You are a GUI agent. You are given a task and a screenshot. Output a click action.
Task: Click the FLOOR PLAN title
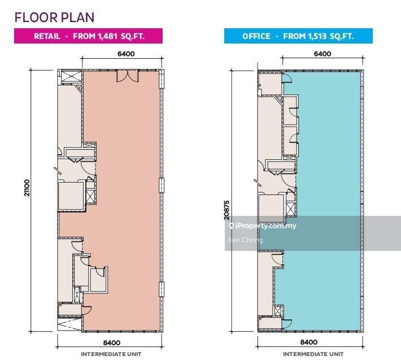coord(54,18)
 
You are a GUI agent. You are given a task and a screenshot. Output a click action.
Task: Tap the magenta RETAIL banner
coord(88,36)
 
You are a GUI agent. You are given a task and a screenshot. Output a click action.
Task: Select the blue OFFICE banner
coord(298,36)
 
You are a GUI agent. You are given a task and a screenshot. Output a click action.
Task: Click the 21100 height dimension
coord(27,188)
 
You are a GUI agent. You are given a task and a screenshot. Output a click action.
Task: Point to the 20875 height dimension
coord(226,210)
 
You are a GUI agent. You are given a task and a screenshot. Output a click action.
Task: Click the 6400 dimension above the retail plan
coord(126,54)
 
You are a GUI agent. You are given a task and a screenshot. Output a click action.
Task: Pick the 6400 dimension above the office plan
coord(322,54)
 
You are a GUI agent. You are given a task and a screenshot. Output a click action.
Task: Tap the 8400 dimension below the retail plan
coord(111,342)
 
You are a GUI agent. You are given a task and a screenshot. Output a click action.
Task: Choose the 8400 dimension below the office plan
coord(309,342)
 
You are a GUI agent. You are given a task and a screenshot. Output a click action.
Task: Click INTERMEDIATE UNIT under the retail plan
coord(111,354)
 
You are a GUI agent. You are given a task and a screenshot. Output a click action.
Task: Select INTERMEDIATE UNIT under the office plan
coord(313,354)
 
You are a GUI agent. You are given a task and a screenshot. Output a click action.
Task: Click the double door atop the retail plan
coord(128,76)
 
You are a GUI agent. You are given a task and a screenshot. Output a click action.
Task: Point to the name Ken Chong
coord(246,240)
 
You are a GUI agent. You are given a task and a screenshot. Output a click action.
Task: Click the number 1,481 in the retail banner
coord(107,36)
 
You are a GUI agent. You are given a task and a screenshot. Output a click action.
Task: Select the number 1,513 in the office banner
coord(317,36)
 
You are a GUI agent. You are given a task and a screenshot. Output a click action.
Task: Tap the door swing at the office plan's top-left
coord(287,78)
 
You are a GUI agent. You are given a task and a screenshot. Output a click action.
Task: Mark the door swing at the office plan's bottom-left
coord(287,324)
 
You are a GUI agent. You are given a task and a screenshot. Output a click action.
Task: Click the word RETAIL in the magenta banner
coord(47,36)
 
